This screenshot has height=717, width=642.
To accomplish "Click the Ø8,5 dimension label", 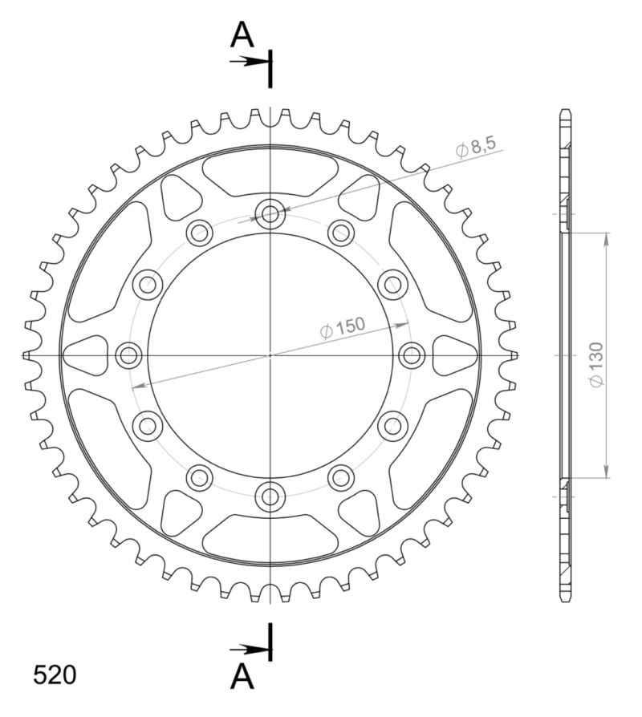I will pos(477,147).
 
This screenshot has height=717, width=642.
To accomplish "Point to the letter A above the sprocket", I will pos(243,35).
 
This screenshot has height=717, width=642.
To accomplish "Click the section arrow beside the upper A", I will pos(249,61).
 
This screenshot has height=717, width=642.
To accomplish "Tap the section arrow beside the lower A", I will pos(249,649).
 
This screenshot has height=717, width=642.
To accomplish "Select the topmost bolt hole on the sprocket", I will pos(270,213).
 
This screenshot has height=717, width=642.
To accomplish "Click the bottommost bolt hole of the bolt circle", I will pos(270,495).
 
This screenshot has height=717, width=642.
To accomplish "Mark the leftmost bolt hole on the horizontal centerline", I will pos(129,354).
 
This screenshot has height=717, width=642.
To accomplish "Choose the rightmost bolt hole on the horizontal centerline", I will pos(412,354).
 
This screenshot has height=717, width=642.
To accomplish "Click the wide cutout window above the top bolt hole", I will pos(270,173).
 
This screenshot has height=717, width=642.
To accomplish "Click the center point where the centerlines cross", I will pos(270,354).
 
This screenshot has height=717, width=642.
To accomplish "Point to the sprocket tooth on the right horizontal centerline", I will pos(513,354).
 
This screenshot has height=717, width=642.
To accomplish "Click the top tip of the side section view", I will pos(567,111).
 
